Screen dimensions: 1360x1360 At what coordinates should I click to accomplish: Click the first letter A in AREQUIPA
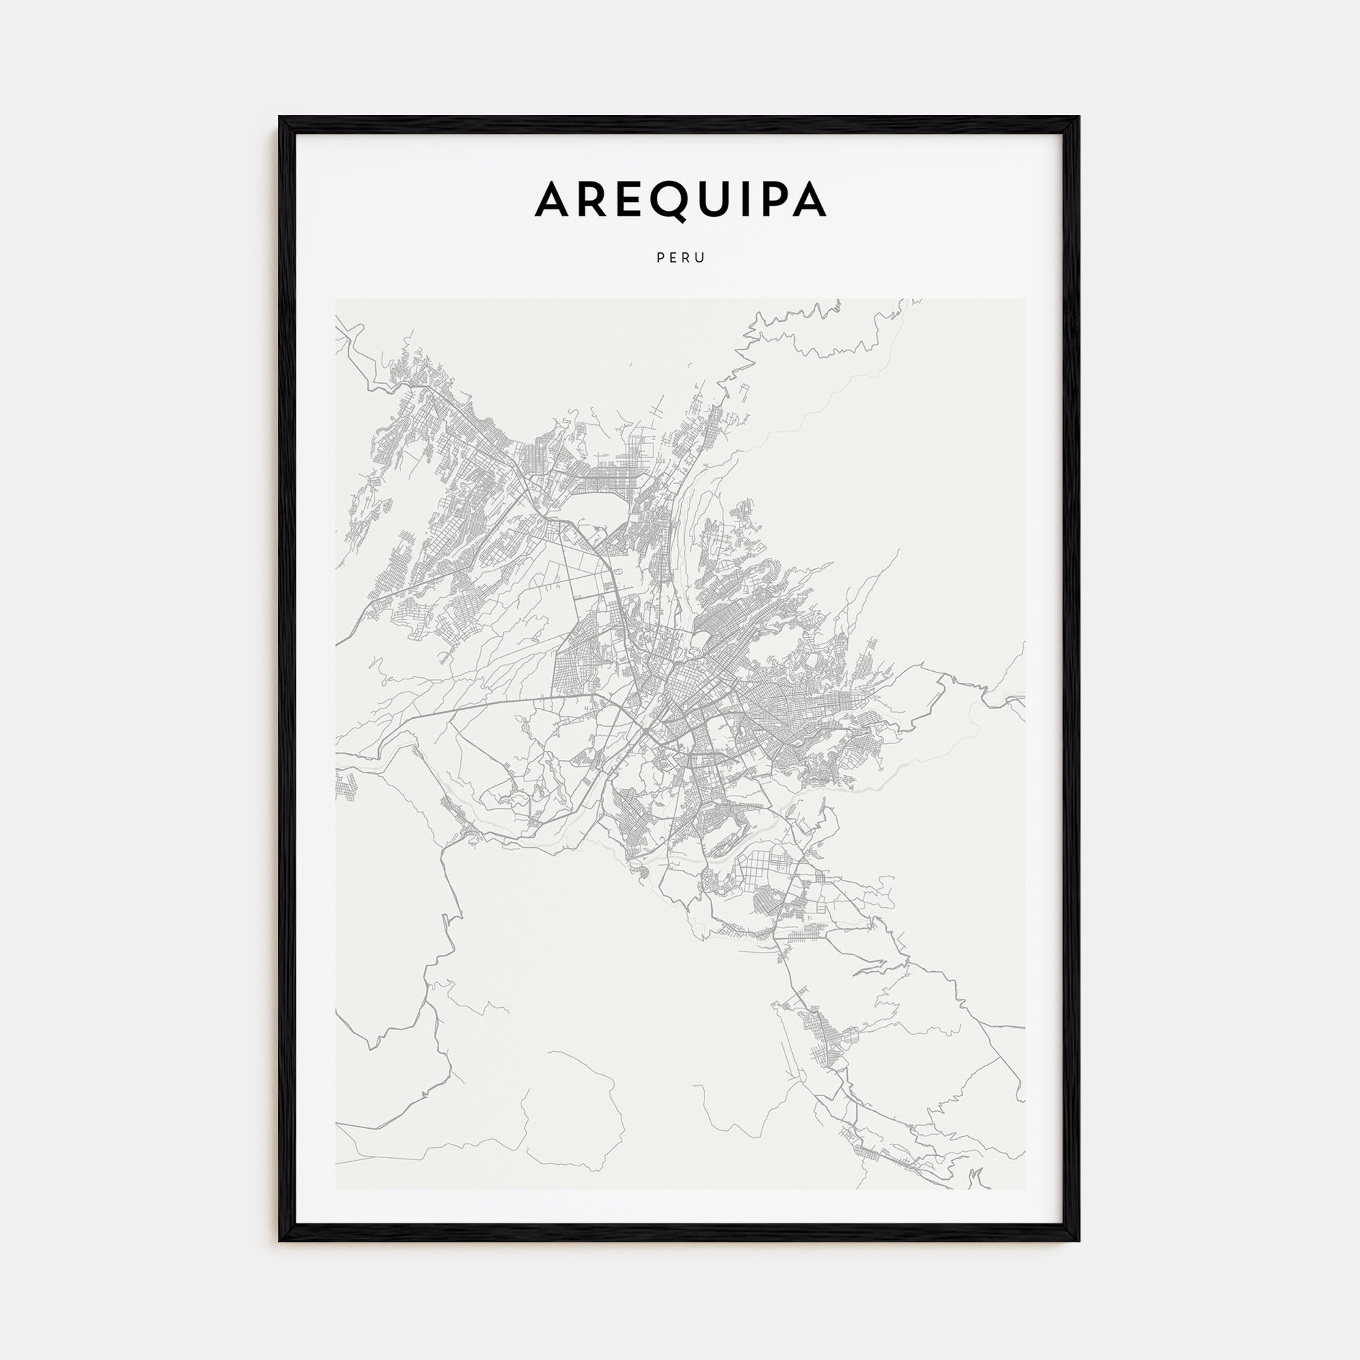tap(555, 200)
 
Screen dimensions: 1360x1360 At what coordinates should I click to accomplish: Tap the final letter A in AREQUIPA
tap(809, 200)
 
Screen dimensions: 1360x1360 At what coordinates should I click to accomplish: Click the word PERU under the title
tap(681, 258)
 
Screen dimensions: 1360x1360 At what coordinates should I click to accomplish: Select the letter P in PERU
tap(660, 258)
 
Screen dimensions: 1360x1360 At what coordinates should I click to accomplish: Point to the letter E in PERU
tap(673, 258)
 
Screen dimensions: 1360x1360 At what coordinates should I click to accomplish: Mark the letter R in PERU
tap(686, 258)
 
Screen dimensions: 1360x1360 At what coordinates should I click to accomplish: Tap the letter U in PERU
tap(700, 258)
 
